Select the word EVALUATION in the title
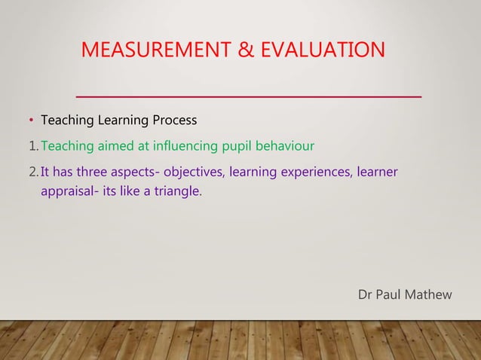click(326, 50)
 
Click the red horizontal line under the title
click(249, 97)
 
